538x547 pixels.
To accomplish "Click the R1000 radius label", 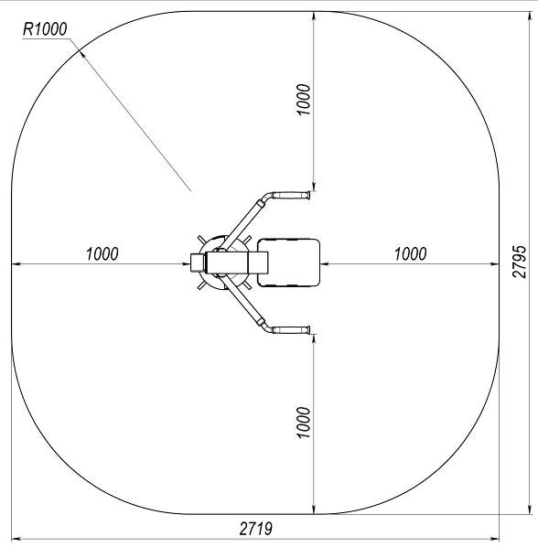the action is coord(45,29).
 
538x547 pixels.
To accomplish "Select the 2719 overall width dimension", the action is coord(256,529).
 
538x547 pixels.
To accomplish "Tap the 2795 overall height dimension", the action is coord(519,262).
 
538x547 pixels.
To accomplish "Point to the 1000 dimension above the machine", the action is coord(303,100).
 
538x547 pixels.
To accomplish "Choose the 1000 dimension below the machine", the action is coord(303,422).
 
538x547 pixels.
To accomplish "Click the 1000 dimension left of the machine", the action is coord(102,253).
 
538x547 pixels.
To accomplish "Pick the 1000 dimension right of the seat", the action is coord(410,253).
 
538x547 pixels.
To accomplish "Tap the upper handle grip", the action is coord(291,195).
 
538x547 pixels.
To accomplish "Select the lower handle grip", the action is coord(291,329).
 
